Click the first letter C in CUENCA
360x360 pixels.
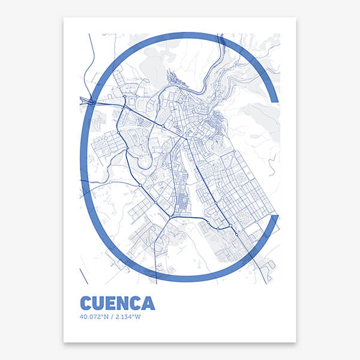pos(86,302)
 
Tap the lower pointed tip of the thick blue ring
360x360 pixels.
pos(277,216)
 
